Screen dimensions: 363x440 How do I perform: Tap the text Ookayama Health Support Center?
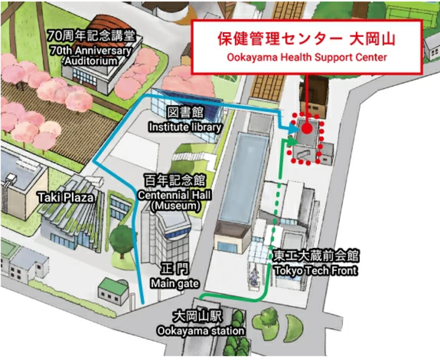pyautogui.click(x=306, y=57)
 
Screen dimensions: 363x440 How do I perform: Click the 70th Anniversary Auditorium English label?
pyautogui.click(x=91, y=56)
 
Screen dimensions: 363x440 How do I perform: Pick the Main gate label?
pyautogui.click(x=171, y=284)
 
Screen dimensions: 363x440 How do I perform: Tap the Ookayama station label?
pyautogui.click(x=200, y=331)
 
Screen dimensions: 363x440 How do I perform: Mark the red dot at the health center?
pyautogui.click(x=307, y=128)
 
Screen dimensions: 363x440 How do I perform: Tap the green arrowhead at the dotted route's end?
pyautogui.click(x=292, y=142)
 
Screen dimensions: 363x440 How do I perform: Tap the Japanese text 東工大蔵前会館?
pyautogui.click(x=316, y=257)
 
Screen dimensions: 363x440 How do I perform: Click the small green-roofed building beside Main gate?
pyautogui.click(x=113, y=290)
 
